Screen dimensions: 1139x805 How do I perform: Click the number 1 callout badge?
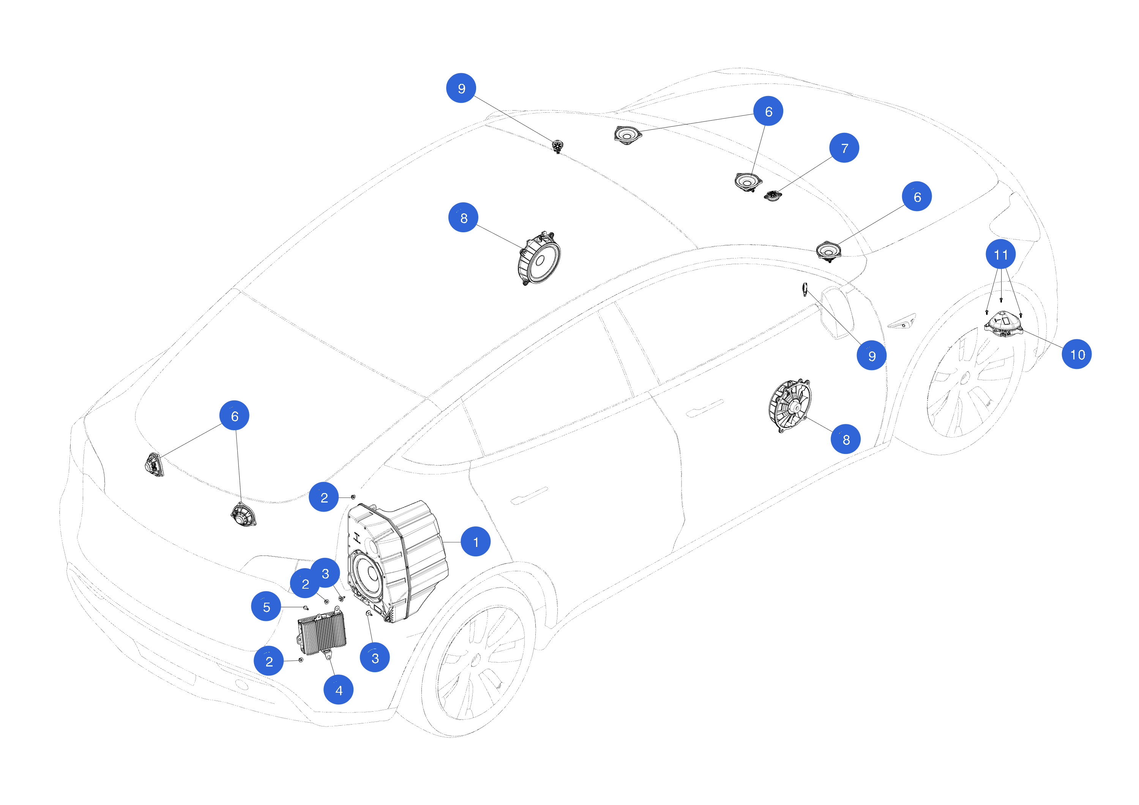(x=475, y=542)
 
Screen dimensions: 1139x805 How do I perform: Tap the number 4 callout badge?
(x=338, y=690)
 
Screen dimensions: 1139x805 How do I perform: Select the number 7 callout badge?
(x=844, y=148)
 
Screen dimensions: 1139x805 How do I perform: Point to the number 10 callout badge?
(x=1076, y=354)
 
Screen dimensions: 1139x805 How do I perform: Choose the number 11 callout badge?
(x=1000, y=254)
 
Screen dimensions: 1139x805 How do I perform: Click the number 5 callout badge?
(x=267, y=606)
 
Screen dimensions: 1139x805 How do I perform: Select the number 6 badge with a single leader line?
(x=917, y=197)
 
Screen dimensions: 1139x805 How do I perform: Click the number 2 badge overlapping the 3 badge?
(x=305, y=583)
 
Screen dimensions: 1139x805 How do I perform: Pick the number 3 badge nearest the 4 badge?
(x=374, y=658)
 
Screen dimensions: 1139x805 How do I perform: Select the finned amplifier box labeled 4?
(x=322, y=633)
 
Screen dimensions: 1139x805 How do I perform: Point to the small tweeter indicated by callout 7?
(x=772, y=196)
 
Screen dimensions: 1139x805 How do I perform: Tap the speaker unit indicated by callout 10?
(x=1003, y=323)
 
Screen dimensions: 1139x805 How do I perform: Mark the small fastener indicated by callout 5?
(x=306, y=608)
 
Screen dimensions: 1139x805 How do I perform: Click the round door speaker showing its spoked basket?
(x=789, y=406)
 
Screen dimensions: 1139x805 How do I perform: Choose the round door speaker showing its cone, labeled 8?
(x=539, y=259)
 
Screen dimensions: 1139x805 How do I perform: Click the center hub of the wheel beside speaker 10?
(x=964, y=379)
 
